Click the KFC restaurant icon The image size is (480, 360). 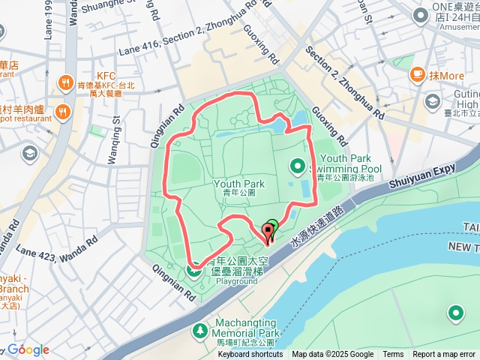(66, 82)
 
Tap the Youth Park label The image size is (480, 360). (239, 184)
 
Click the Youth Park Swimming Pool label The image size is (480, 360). (344, 163)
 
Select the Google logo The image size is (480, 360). (28, 349)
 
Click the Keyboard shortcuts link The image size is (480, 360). (250, 355)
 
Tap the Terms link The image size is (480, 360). (393, 355)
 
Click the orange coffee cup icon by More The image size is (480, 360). (416, 75)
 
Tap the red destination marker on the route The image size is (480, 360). (268, 231)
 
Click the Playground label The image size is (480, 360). (236, 281)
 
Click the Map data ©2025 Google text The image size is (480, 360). (333, 355)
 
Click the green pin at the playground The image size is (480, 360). (194, 268)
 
